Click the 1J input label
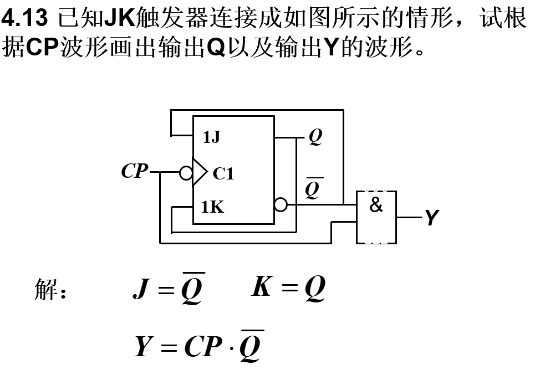[x=211, y=137]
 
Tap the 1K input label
[x=212, y=207]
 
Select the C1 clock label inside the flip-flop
[x=223, y=174]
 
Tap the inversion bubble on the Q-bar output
[x=281, y=204]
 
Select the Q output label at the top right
[x=315, y=136]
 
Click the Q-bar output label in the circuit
[x=313, y=188]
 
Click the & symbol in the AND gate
[x=376, y=206]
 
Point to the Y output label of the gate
[x=432, y=218]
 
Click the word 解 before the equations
[x=47, y=290]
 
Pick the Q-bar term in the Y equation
[x=252, y=347]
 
